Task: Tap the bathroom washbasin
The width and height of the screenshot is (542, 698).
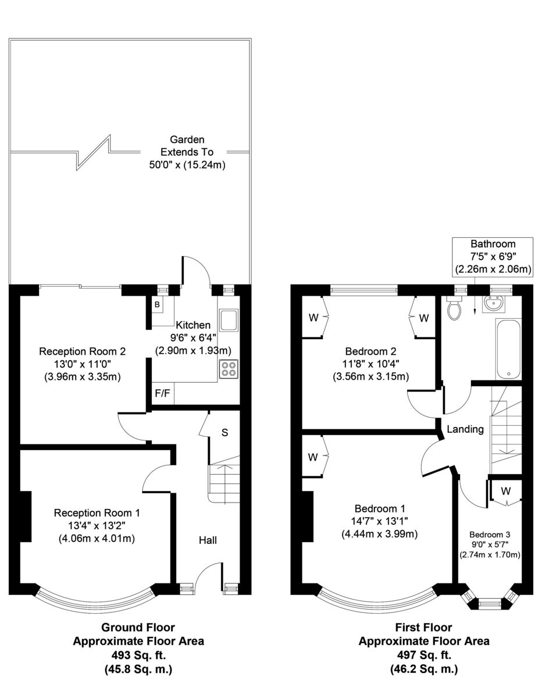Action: tap(493, 303)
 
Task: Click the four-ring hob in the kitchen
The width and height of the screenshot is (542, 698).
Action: tap(228, 368)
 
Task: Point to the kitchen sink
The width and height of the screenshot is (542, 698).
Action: tap(229, 320)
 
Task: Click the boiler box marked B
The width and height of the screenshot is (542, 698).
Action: tap(157, 304)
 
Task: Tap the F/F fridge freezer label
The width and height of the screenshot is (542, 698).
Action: tap(162, 393)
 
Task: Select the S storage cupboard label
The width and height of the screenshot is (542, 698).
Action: tap(224, 433)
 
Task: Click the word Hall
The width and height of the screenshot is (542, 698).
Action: tap(208, 540)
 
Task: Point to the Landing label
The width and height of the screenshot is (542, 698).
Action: tap(465, 429)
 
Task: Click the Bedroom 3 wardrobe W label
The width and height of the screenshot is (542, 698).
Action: tap(506, 491)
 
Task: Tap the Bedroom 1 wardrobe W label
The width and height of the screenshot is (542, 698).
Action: tap(313, 457)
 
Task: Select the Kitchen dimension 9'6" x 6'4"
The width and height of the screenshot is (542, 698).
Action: tap(193, 337)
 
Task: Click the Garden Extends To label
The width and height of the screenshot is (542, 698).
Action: tap(187, 145)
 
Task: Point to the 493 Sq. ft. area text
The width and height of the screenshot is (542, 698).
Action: tap(138, 654)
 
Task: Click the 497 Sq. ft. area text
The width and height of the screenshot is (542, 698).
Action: tap(424, 654)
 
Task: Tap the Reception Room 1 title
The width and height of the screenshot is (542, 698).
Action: tap(97, 512)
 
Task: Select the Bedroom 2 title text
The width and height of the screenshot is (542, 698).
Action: tap(371, 351)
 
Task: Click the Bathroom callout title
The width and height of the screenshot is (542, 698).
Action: tap(493, 244)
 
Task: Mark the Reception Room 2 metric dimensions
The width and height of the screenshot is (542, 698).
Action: tap(83, 377)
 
